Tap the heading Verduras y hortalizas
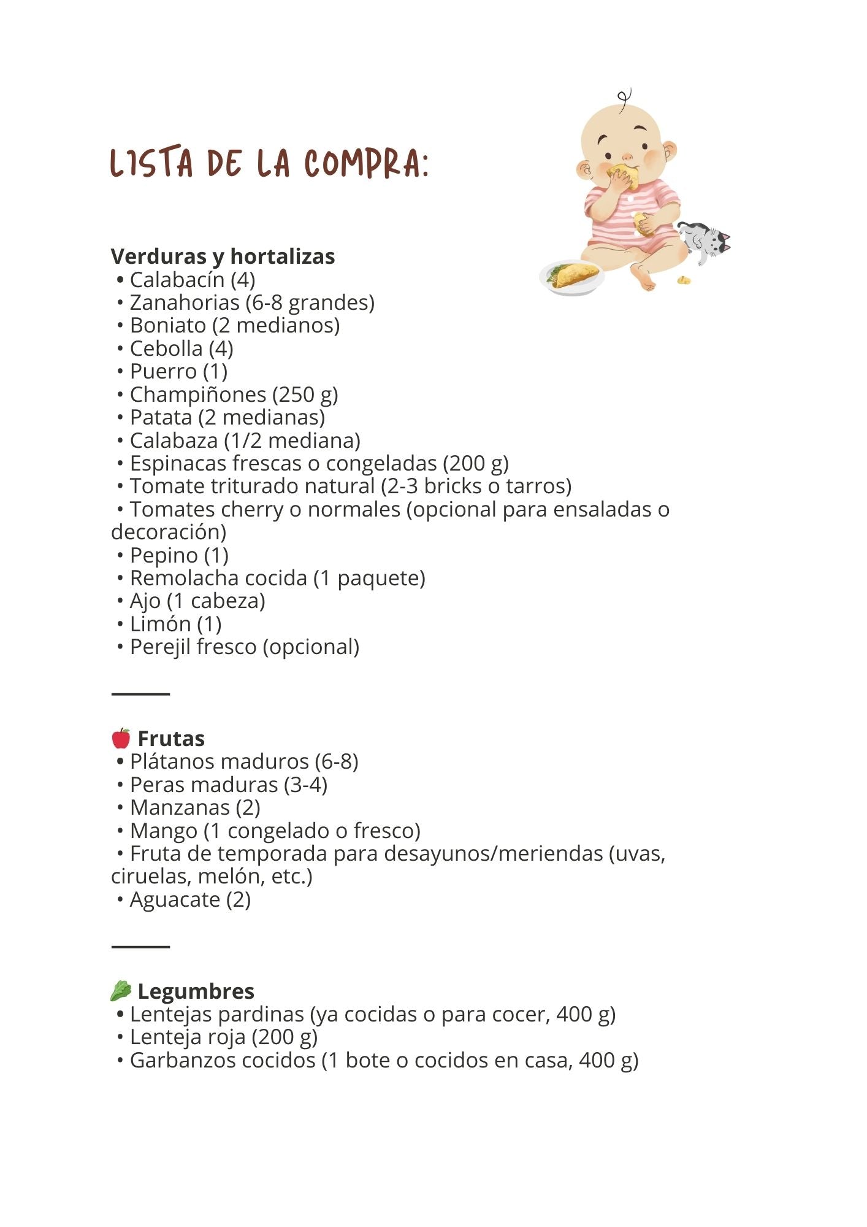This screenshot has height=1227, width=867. point(223,256)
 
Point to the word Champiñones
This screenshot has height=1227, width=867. point(197,394)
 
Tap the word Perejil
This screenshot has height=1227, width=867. point(158,647)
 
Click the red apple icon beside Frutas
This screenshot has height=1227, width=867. point(121,738)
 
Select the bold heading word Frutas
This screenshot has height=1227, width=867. point(171,739)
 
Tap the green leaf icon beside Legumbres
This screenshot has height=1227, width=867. point(121,991)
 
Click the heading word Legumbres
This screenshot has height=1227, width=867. point(196,991)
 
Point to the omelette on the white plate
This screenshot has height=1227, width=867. point(576,275)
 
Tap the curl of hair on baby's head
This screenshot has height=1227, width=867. point(624,99)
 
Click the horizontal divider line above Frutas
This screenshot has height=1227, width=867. point(140,694)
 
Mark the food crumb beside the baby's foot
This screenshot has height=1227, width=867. point(684,280)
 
